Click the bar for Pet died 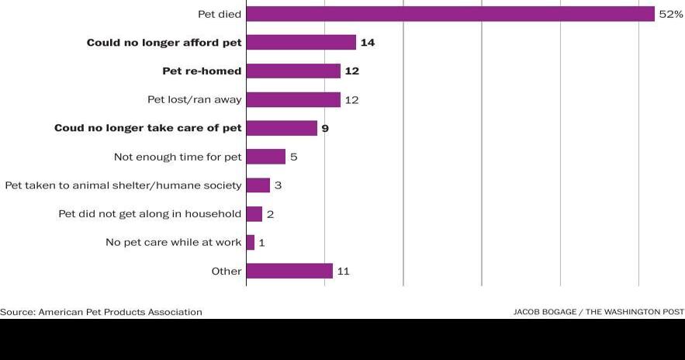click(450, 14)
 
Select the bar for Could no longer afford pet click(301, 43)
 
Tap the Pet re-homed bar click(293, 71)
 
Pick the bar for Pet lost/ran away click(293, 100)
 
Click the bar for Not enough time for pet click(265, 157)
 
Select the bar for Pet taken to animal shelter click(258, 185)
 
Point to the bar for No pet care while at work click(250, 243)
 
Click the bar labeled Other click(289, 272)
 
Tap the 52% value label click(671, 14)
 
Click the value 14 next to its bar click(368, 43)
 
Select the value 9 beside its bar click(325, 129)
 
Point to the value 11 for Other click(343, 272)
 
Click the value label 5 click(293, 157)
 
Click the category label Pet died click(221, 14)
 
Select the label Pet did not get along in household click(150, 214)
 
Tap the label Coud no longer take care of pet click(147, 128)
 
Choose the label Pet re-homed click(202, 71)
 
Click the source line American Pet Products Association click(101, 312)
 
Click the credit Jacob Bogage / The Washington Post click(598, 312)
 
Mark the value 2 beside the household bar click(270, 214)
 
